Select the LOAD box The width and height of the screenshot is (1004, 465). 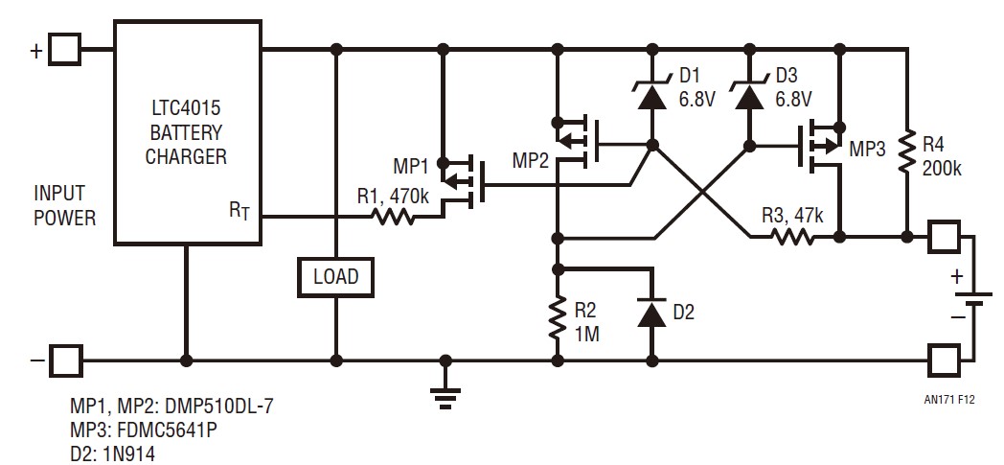335,277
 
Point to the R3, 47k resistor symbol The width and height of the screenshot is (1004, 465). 792,235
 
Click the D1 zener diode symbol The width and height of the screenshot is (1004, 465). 652,95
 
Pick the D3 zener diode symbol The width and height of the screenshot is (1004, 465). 748,95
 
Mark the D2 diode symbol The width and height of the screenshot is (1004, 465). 652,313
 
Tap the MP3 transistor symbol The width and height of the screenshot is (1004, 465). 823,146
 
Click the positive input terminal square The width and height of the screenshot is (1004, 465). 66,50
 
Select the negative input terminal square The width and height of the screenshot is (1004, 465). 66,361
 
